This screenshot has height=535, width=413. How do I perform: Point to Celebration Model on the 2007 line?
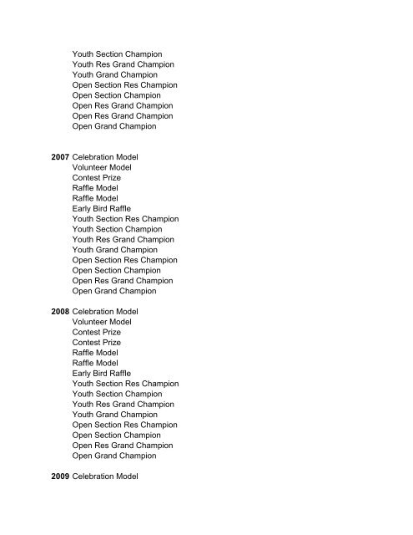coord(105,156)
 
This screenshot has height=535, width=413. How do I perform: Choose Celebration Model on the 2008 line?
coord(105,311)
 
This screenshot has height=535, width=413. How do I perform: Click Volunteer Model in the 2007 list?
coord(100,166)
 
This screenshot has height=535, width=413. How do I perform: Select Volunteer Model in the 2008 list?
coord(100,321)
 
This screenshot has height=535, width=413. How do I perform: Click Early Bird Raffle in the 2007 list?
coord(102,208)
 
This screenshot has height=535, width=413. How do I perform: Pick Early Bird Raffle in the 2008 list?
coord(102,373)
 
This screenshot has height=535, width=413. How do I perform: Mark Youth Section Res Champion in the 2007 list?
coord(125,219)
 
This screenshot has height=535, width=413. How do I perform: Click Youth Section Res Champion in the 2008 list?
coord(125,384)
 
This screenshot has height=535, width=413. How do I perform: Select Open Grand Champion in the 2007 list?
coord(114,291)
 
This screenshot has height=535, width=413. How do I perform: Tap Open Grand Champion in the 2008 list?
coord(114,456)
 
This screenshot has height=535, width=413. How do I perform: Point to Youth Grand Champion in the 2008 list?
coord(115,415)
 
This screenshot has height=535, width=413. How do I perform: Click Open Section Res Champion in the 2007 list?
coord(124,260)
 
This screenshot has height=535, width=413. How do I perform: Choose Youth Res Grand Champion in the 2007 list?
coord(123,239)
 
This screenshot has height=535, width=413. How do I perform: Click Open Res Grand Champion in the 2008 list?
coord(123,446)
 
